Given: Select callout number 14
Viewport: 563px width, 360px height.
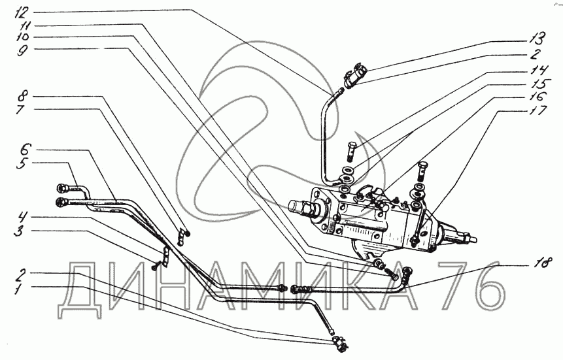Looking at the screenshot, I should (537, 69).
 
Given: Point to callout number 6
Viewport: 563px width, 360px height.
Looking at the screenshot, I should (24, 148).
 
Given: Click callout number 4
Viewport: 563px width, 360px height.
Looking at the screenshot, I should (24, 216).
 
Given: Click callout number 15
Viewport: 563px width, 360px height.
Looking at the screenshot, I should (537, 83).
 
